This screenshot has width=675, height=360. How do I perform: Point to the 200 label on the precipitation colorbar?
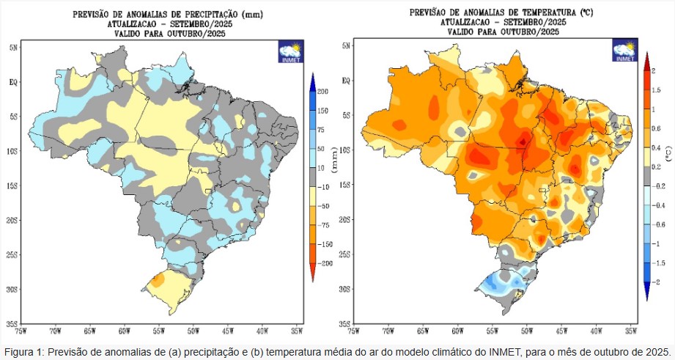[x=322, y=90]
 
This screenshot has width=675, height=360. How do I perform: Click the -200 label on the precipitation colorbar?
[x=322, y=262]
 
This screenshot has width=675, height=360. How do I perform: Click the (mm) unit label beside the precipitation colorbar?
[x=335, y=176]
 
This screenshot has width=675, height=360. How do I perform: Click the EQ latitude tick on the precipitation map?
[x=12, y=81]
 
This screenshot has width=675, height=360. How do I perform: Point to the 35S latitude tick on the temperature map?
[x=344, y=323]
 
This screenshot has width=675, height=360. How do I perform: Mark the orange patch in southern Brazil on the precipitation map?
[x=156, y=280]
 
